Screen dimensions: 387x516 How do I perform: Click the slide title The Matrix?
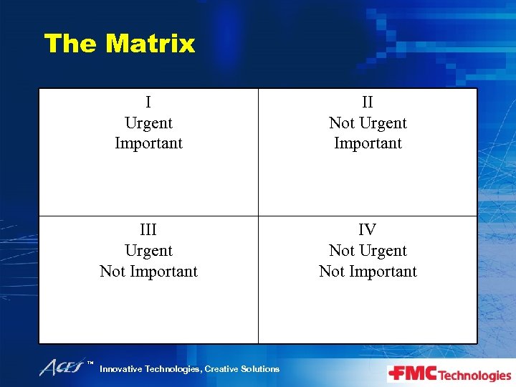coord(119,44)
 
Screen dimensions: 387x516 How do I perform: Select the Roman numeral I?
coord(148,102)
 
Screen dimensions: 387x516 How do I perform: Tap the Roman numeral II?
coord(368,102)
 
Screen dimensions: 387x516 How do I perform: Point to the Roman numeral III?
coord(148,230)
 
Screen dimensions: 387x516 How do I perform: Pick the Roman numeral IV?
coord(368,230)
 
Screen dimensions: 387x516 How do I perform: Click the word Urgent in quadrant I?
coord(148,123)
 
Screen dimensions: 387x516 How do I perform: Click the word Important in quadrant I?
coord(148,143)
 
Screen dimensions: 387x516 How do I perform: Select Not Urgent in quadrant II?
coord(368,123)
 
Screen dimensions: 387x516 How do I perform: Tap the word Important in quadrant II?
coord(368,143)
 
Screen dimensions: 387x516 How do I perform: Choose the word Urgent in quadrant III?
coord(148,251)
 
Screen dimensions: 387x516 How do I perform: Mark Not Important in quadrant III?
coord(148,272)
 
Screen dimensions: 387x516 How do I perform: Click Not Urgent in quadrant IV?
coord(368,251)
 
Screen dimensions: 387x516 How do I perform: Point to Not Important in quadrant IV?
coord(368,272)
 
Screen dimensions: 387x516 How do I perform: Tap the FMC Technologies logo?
coord(449,374)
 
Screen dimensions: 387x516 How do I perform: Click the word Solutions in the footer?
coord(260,369)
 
